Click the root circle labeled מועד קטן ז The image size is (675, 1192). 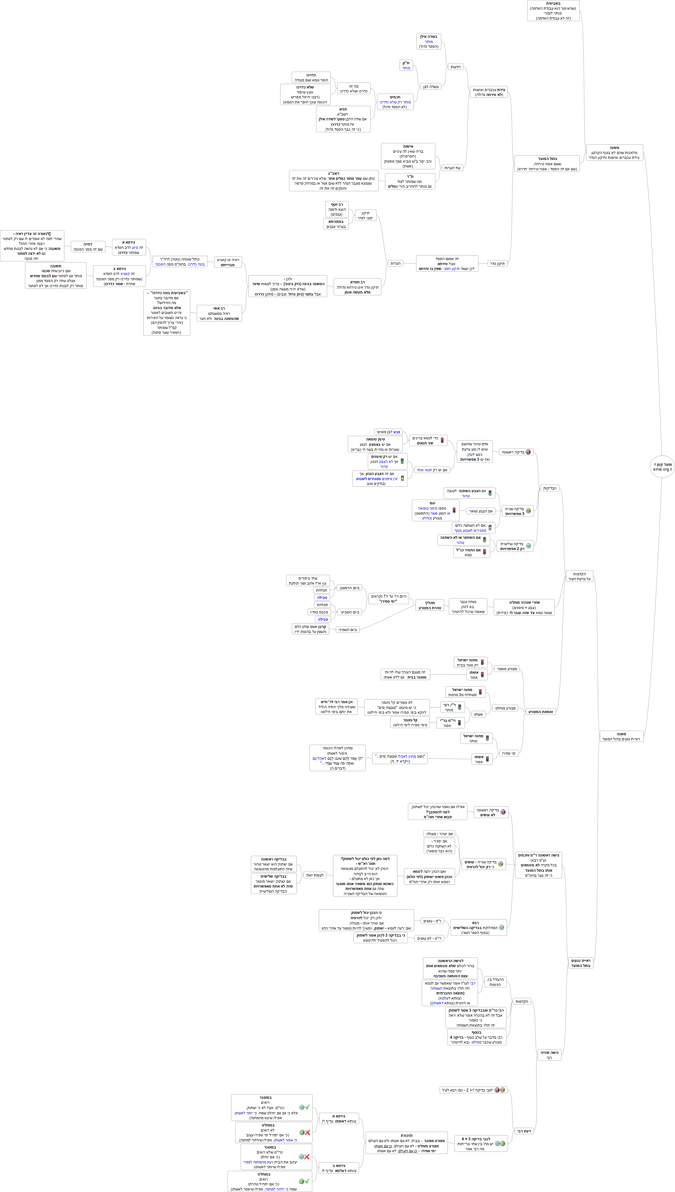coord(662,466)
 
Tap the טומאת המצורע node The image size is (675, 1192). coord(540,712)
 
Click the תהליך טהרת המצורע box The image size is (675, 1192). coord(430,605)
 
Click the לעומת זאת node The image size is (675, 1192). coord(315,875)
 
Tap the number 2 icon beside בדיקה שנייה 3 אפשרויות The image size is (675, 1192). coord(528,510)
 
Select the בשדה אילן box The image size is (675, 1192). coord(429,41)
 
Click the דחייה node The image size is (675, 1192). coord(88,246)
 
